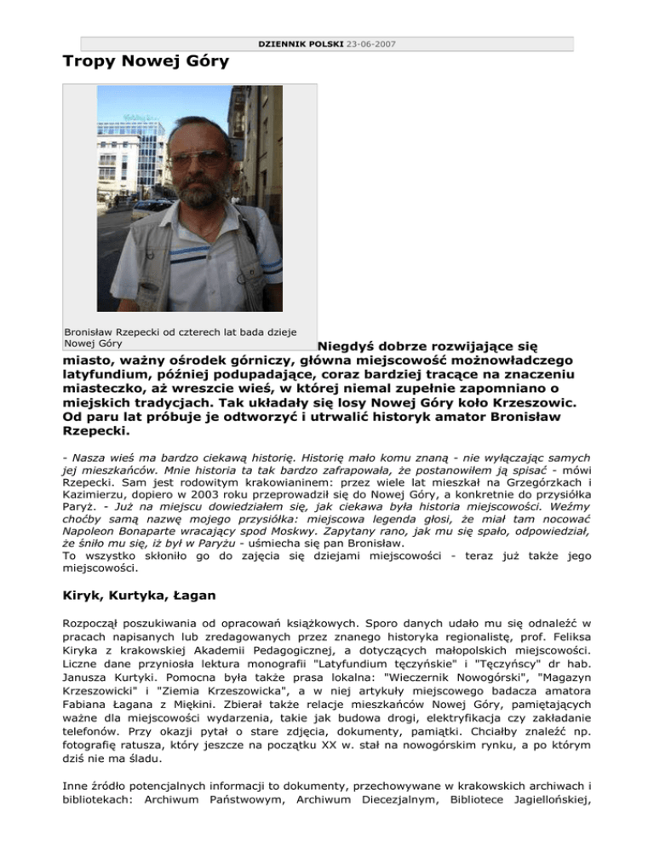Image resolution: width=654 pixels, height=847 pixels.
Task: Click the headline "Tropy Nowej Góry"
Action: [146, 62]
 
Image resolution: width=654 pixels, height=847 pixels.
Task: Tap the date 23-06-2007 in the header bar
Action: [371, 43]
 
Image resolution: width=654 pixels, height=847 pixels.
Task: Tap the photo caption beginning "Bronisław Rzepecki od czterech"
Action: [182, 337]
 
